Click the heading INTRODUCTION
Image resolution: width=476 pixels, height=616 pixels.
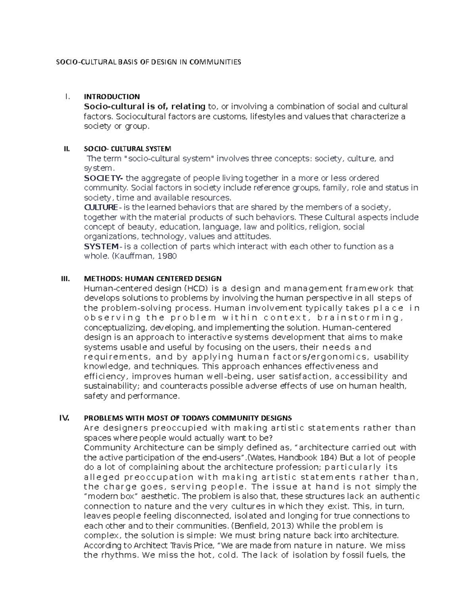(111, 96)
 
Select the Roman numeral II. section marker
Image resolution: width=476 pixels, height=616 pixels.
(66, 149)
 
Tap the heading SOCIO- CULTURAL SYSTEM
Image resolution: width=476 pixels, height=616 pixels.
(127, 149)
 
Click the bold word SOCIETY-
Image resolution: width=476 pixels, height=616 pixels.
(104, 178)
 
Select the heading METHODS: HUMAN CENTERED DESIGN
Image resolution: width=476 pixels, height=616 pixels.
(153, 278)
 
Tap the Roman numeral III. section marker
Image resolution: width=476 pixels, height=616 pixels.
(65, 278)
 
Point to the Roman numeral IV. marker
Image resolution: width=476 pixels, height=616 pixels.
(64, 418)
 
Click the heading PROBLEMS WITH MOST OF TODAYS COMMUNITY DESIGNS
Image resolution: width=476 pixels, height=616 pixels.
(188, 418)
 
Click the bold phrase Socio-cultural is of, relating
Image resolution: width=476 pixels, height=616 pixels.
(144, 106)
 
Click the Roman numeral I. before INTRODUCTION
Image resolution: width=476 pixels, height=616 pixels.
(67, 96)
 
